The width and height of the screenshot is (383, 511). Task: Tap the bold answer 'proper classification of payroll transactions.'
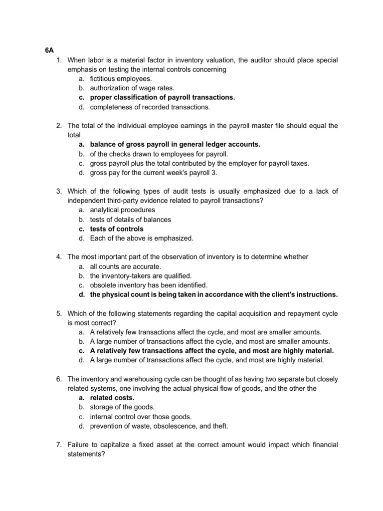162,97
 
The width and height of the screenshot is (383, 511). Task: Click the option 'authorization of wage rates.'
128,88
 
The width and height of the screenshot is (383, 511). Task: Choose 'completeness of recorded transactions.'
143,107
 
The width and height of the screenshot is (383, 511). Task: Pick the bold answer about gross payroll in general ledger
175,144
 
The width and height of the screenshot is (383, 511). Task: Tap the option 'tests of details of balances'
130,220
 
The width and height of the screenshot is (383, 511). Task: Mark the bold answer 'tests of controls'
117,229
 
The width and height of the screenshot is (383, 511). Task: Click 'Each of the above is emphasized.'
141,239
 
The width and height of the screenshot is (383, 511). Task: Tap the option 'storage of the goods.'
122,407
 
